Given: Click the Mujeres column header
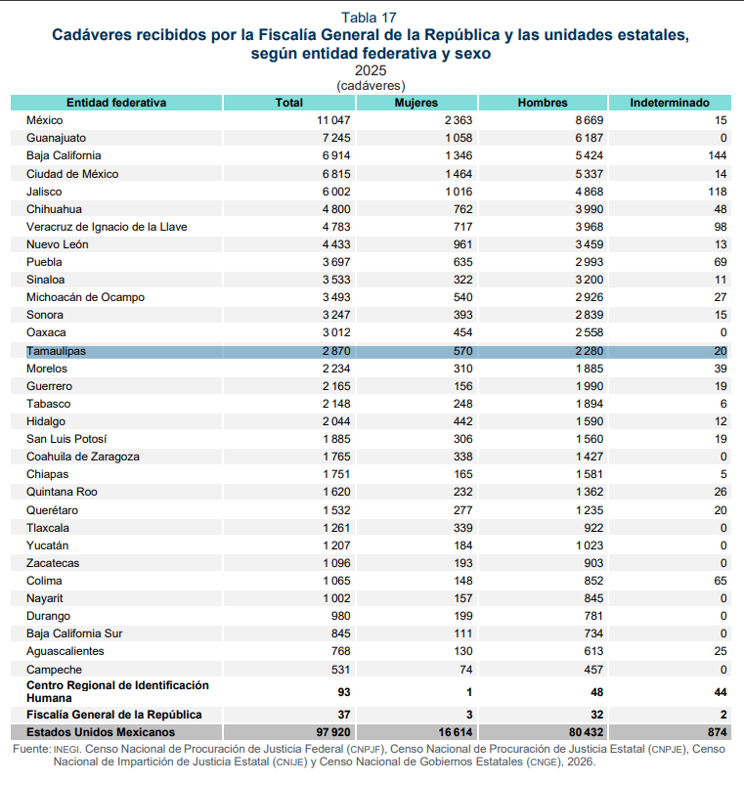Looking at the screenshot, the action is [x=416, y=103].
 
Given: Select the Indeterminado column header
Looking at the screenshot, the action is [x=670, y=103].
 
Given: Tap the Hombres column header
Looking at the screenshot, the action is [x=543, y=103].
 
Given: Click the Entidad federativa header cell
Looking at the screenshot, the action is [x=116, y=103].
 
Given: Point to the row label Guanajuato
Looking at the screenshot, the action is [x=56, y=138].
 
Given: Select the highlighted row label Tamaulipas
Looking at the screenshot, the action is [x=56, y=351].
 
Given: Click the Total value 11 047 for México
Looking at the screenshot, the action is [x=333, y=120].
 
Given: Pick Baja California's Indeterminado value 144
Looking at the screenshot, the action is [x=717, y=155].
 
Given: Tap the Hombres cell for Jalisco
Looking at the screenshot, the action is [x=590, y=192].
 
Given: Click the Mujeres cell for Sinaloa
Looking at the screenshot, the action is [x=463, y=280].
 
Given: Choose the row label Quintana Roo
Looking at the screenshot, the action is [x=63, y=492].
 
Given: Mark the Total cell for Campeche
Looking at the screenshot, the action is [x=340, y=670].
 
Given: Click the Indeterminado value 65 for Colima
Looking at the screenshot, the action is [x=721, y=581].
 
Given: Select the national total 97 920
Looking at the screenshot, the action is [x=333, y=732].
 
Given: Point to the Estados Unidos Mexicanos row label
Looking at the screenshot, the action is [x=101, y=732].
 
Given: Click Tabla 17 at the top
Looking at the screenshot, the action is [x=369, y=18].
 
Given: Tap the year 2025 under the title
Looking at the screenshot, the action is [x=371, y=70].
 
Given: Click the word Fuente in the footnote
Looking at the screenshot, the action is [x=31, y=749].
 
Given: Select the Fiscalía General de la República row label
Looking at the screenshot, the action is [x=114, y=715].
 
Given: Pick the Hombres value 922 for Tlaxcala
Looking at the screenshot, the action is [x=593, y=528].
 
